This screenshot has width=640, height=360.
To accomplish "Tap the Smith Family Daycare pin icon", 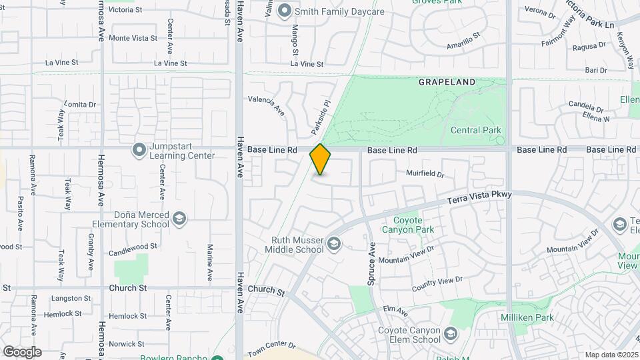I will [x=285, y=11].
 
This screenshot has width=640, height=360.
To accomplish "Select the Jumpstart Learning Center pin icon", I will [x=139, y=150].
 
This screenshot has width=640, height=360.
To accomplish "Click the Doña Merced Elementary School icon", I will [x=179, y=219].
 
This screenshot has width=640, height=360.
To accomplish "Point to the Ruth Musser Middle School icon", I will [x=334, y=245].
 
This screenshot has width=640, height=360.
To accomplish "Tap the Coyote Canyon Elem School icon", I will [x=451, y=333].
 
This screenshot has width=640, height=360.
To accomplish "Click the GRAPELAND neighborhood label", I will [x=447, y=82].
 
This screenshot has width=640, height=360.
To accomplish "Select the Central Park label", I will [x=475, y=130].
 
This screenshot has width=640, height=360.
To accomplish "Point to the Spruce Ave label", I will [x=372, y=264].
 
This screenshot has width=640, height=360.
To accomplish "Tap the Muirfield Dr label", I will [x=425, y=173].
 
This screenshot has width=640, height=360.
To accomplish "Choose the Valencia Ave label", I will [x=267, y=105].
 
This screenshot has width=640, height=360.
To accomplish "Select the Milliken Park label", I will [x=527, y=317].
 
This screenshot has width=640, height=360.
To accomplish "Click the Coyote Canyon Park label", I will [x=408, y=225].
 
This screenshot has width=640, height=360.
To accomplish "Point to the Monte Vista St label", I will [x=133, y=38].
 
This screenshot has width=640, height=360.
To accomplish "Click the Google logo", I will [x=22, y=351].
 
